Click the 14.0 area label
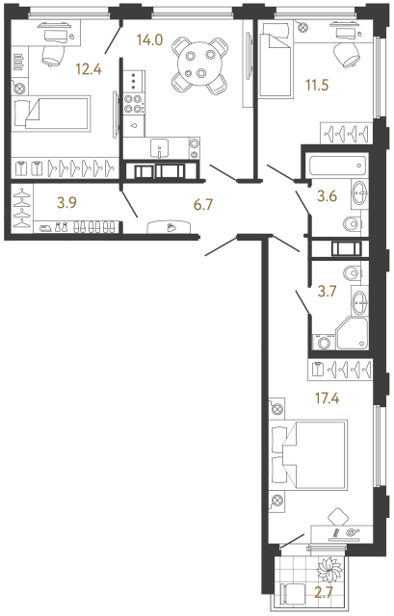click(x=152, y=42)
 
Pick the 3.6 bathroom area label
click(x=328, y=199)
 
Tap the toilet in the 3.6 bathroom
click(x=353, y=225)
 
